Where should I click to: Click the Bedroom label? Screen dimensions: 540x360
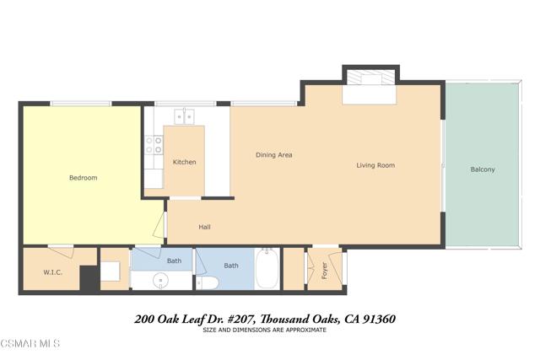83,178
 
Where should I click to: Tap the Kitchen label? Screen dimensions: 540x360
184,162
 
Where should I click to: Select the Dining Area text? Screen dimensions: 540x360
273,155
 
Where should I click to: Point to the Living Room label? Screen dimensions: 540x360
375,165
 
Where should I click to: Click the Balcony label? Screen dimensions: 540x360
483,169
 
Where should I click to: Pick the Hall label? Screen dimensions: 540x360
204,227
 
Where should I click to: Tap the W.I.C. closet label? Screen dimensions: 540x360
52,272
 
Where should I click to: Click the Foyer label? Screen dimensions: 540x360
324,271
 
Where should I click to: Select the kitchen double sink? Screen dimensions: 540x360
184,116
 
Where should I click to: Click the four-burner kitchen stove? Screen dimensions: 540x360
154,145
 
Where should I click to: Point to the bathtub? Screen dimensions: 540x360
267,269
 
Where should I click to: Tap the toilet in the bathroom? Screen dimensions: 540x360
208,282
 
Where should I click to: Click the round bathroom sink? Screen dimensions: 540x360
160,281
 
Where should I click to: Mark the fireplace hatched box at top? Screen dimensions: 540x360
370,78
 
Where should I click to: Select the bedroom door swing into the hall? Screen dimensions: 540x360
160,224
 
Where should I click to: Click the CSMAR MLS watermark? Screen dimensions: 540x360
30,343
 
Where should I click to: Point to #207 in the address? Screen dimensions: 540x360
241,320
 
